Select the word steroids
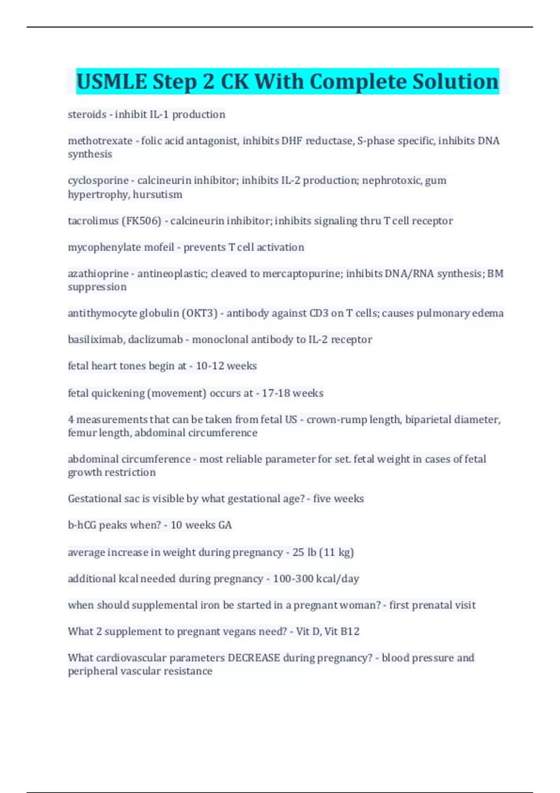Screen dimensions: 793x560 (87, 114)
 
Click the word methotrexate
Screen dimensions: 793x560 (100, 141)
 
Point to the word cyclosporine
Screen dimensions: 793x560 (98, 181)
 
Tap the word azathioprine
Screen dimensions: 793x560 (98, 274)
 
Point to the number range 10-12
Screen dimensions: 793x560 (210, 366)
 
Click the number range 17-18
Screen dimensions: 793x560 (275, 393)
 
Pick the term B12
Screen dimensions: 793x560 (350, 632)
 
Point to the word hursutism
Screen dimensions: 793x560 (157, 195)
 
